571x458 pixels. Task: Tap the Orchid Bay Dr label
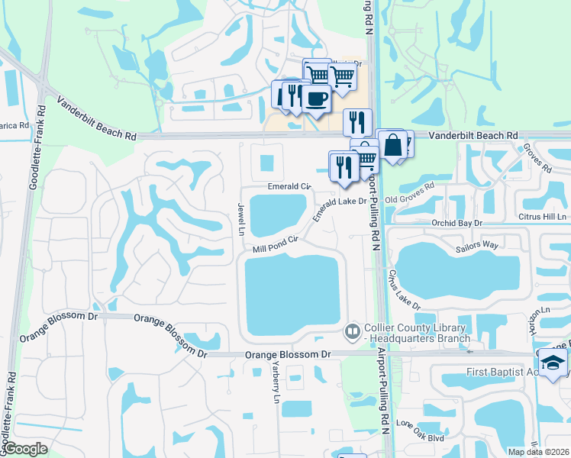pos(458,223)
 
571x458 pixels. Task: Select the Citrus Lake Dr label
pos(404,289)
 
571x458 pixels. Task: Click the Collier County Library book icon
pos(352,331)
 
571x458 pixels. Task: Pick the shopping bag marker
pos(395,145)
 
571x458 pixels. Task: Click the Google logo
pos(25,449)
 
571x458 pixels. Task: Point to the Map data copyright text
pos(539,452)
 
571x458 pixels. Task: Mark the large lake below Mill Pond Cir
pos(292,298)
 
